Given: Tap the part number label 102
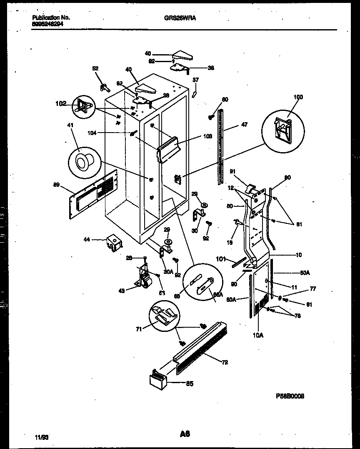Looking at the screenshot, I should click(61, 103).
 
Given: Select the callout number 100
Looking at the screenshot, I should click(298, 97).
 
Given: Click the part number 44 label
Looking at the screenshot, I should click(87, 240).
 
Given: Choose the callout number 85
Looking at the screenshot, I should click(189, 384).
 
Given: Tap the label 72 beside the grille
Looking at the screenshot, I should click(225, 362).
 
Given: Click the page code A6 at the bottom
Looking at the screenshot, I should click(185, 434).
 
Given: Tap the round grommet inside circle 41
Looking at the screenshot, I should click(82, 159).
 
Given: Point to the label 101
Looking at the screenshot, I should click(221, 259).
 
